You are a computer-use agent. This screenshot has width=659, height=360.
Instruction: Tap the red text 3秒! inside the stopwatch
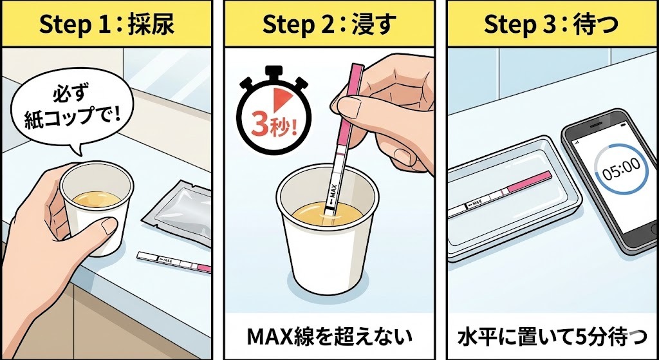[x=270, y=125]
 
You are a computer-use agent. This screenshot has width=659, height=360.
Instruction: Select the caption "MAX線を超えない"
[x=329, y=336]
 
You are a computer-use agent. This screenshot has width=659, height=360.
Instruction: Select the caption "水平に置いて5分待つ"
[x=551, y=336]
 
